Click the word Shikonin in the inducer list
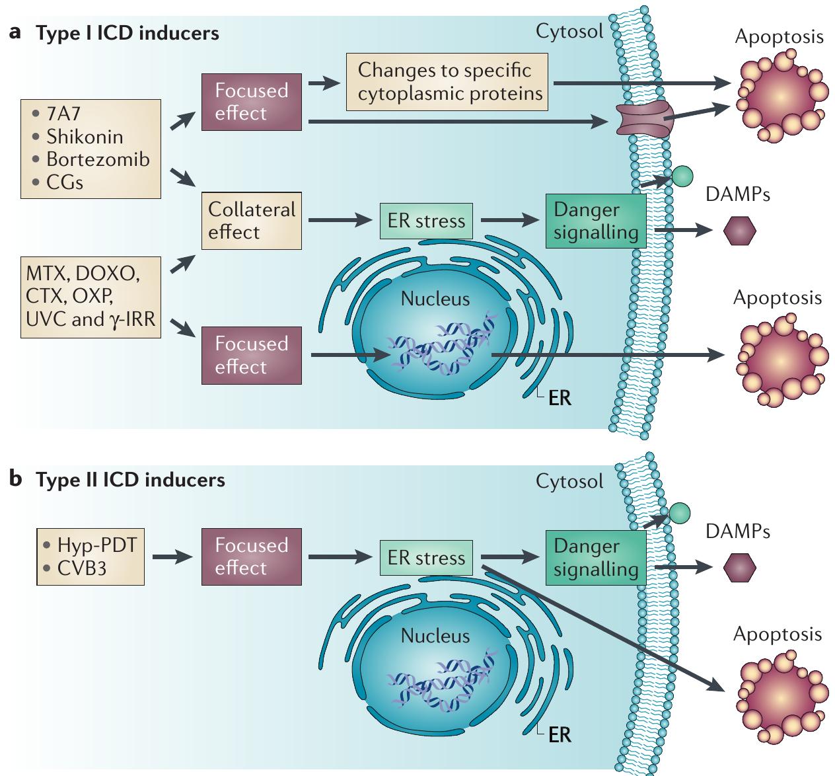click(x=85, y=137)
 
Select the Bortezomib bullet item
click(x=98, y=159)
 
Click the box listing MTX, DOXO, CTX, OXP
click(x=91, y=297)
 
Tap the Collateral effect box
click(x=252, y=221)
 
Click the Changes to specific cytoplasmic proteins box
click(x=449, y=82)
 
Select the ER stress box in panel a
click(x=426, y=221)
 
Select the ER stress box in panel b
click(x=426, y=557)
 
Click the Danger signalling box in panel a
click(x=595, y=221)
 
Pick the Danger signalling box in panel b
click(x=595, y=557)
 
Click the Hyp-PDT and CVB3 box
click(x=91, y=557)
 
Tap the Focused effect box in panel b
click(x=252, y=557)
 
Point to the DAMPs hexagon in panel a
click(x=739, y=231)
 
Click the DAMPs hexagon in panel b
click(x=739, y=568)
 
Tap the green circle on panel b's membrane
click(x=679, y=512)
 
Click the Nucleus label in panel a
click(x=435, y=299)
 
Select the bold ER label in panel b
click(x=559, y=734)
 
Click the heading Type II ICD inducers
click(x=130, y=479)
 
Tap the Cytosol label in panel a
click(x=569, y=31)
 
